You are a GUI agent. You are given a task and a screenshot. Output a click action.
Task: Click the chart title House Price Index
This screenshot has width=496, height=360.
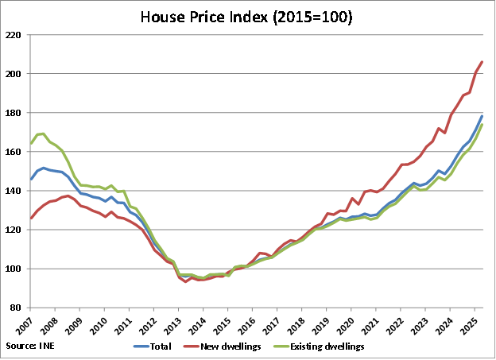(247, 16)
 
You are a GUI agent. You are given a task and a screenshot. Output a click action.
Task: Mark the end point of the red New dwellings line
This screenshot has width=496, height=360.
(482, 62)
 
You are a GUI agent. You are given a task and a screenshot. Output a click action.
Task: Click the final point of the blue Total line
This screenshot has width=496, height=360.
(482, 116)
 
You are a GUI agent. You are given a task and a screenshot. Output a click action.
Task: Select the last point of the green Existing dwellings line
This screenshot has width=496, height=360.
(482, 125)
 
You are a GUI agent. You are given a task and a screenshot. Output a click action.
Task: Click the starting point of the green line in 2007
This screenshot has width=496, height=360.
(30, 144)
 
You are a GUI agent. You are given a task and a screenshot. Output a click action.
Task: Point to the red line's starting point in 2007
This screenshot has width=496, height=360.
(30, 218)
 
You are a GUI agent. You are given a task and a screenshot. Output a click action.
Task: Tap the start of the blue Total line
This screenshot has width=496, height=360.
(30, 179)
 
